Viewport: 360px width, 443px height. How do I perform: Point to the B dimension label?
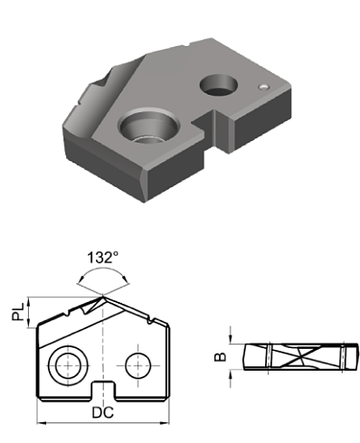tap(218, 356)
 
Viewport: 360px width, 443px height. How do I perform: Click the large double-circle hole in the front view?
tap(67, 365)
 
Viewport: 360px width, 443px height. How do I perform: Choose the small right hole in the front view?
tap(137, 364)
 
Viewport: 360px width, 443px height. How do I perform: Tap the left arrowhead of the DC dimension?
tap(40, 422)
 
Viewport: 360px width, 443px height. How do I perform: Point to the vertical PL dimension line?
tap(33, 312)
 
